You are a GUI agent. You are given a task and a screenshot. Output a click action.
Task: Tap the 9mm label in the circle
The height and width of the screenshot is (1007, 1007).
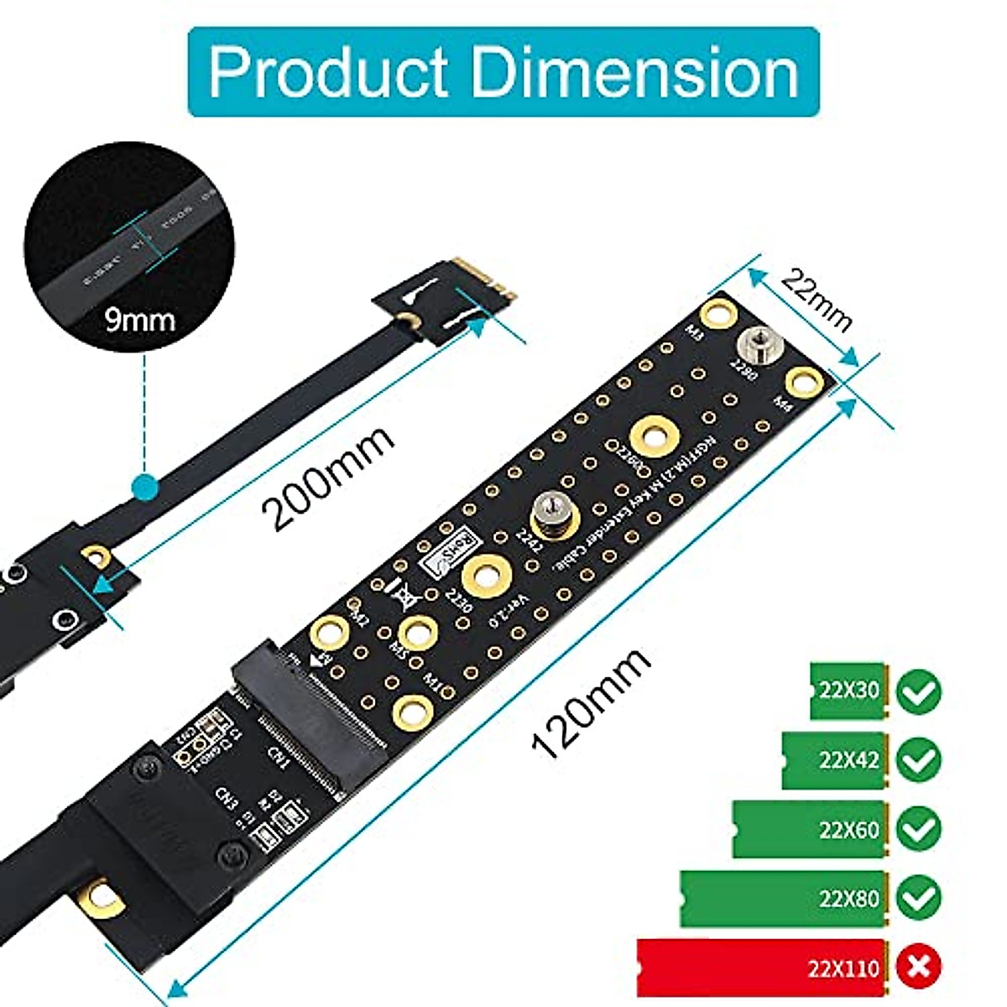point(140,320)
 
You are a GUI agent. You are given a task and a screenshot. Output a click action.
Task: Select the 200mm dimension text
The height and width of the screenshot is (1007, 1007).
point(328,479)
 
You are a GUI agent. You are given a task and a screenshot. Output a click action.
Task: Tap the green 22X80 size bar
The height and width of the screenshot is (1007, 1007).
point(780,899)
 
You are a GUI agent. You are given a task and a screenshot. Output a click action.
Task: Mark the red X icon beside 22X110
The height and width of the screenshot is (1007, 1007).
point(919,968)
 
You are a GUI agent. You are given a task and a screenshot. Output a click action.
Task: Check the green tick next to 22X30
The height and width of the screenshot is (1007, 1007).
point(919,692)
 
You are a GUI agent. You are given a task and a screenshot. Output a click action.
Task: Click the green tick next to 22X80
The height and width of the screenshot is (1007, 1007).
point(919,899)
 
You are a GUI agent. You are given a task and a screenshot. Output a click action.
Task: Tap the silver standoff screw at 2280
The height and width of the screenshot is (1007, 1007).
point(751,345)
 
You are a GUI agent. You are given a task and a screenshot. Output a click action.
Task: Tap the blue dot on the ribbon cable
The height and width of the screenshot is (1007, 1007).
point(147,486)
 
